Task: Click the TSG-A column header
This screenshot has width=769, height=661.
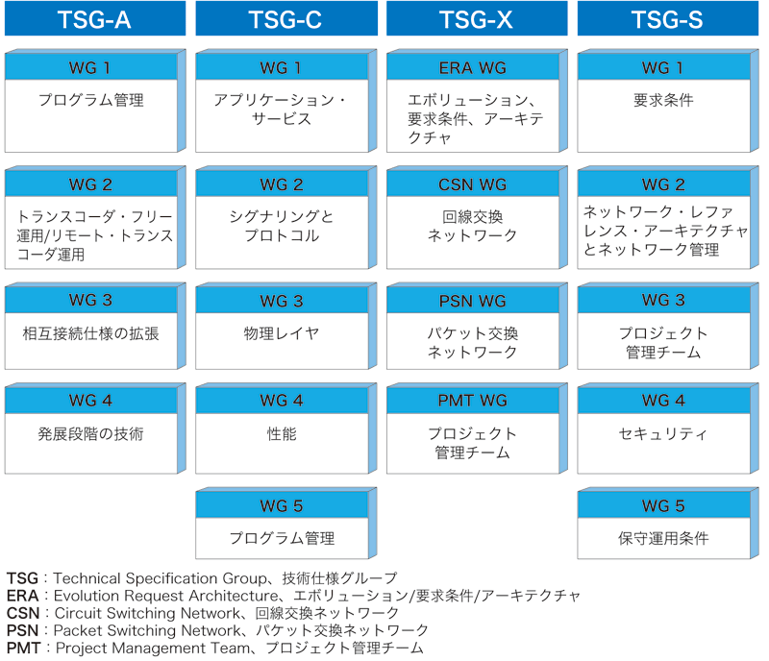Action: [x=95, y=18]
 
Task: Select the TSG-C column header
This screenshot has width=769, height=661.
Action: [x=286, y=18]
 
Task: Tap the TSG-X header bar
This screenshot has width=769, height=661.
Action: [x=477, y=18]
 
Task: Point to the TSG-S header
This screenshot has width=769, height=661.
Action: [x=668, y=18]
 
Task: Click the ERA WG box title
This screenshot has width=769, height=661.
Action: [x=473, y=67]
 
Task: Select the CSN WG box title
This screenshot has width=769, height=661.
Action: [x=473, y=184]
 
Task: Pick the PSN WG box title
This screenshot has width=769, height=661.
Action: [x=473, y=301]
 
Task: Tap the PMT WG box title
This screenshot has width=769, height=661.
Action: [x=473, y=400]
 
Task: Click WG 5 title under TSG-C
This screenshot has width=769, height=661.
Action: [x=282, y=505]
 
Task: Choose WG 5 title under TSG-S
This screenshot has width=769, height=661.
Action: [x=663, y=505]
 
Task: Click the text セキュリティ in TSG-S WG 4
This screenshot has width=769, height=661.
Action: [x=663, y=434]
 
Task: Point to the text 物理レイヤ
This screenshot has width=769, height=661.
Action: [x=282, y=333]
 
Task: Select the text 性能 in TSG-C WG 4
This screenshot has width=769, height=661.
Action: [x=282, y=434]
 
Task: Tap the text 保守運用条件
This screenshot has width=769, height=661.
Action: [x=663, y=538]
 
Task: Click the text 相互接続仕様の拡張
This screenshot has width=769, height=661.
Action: [x=90, y=333]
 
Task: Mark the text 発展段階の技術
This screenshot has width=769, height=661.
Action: [x=90, y=434]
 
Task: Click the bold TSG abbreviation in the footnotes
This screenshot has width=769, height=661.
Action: [x=22, y=578]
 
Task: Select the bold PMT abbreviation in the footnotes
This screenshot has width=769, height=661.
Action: [x=23, y=648]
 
